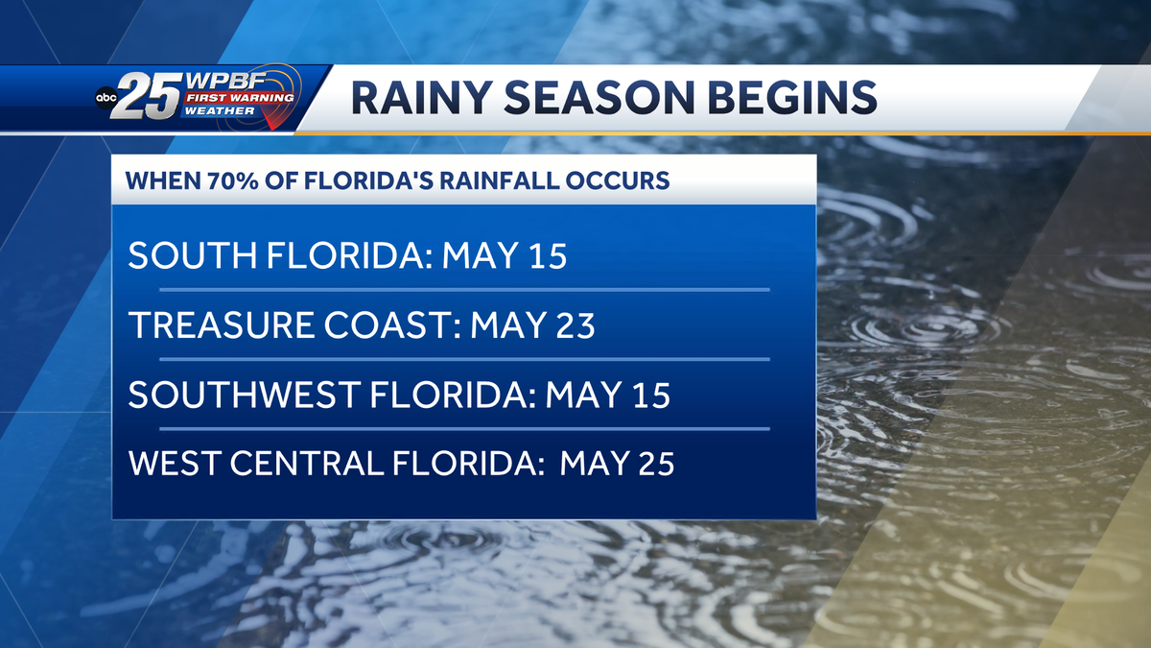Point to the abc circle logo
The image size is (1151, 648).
tap(106, 98)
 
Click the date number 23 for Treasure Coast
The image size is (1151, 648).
tap(575, 325)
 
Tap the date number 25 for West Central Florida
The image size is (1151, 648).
tap(654, 465)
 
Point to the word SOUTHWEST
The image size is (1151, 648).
tap(230, 395)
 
